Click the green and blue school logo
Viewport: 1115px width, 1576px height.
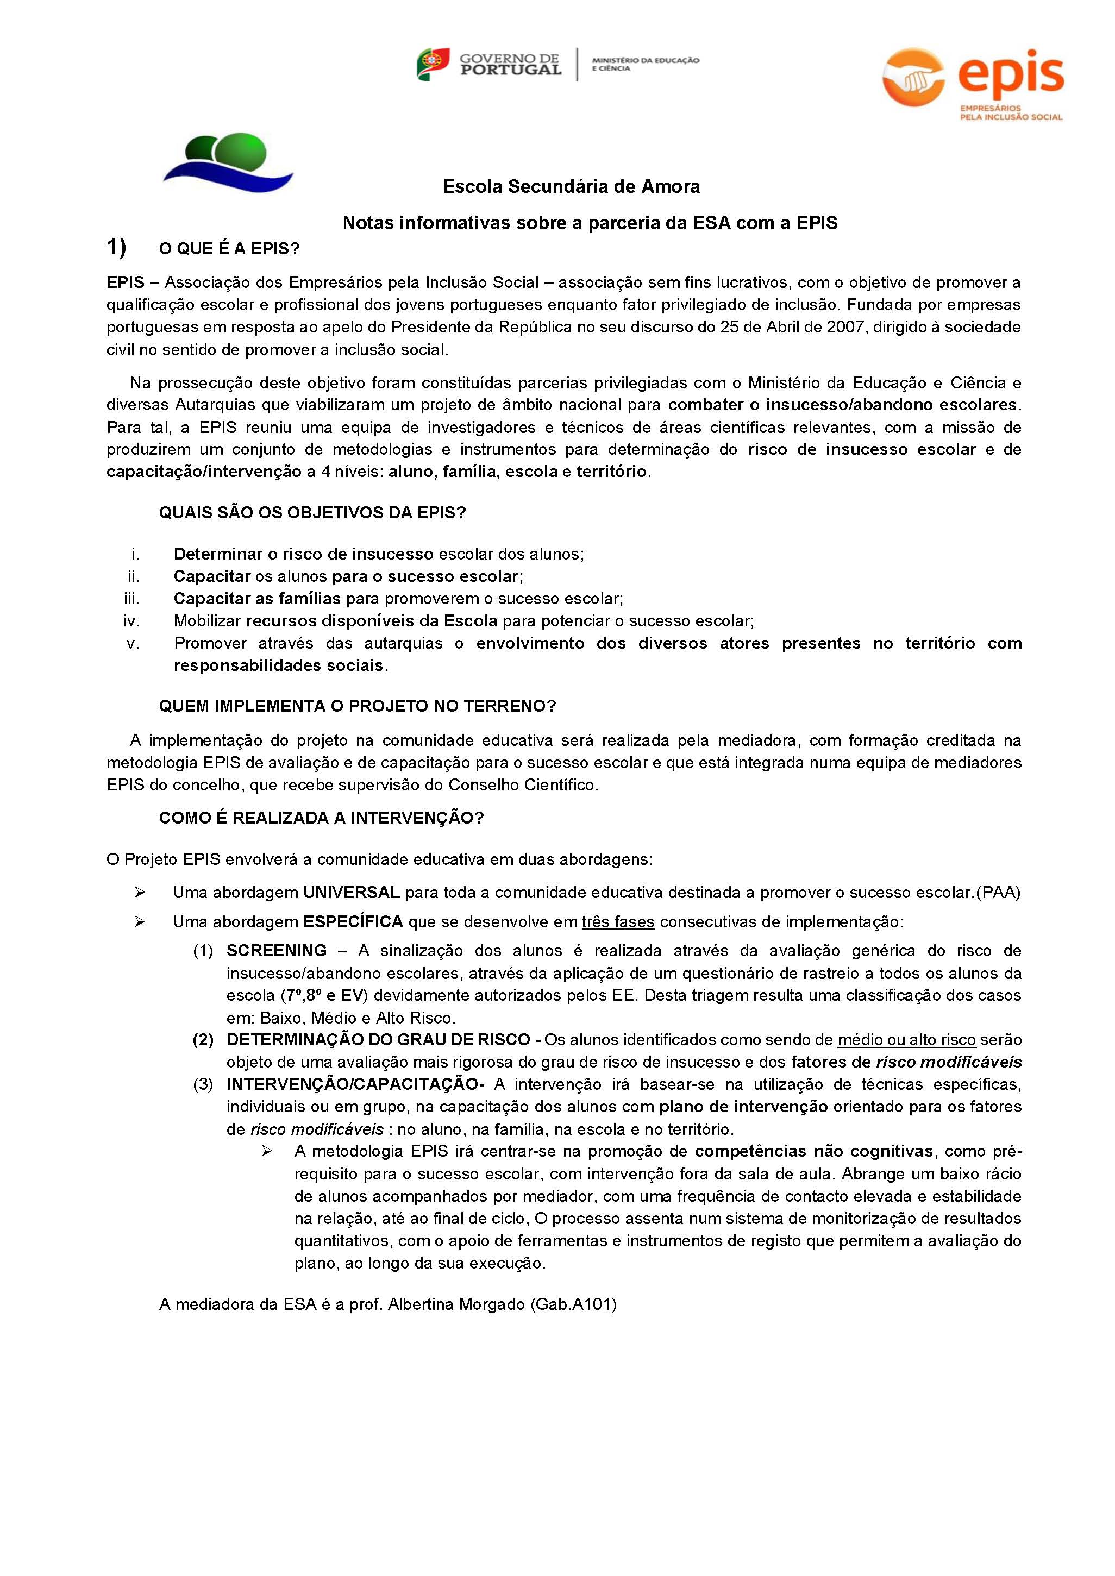228,162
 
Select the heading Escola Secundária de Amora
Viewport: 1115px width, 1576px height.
571,187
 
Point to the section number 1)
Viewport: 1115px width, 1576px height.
116,247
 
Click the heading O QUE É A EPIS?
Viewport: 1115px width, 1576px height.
229,248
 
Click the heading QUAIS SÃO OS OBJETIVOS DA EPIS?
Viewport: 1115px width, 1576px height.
312,513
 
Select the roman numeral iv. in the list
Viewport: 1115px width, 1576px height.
131,621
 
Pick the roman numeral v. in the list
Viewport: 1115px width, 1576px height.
133,644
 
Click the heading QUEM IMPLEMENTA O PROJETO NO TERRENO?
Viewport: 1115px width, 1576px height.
357,706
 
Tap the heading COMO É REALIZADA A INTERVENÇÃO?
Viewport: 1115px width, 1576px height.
321,818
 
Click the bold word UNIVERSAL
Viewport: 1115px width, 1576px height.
352,893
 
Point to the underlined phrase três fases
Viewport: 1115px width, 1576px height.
618,922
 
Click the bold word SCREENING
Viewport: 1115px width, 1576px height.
277,951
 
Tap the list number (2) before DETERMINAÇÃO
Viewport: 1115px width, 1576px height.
203,1040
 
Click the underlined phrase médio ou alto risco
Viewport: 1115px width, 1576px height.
906,1040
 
